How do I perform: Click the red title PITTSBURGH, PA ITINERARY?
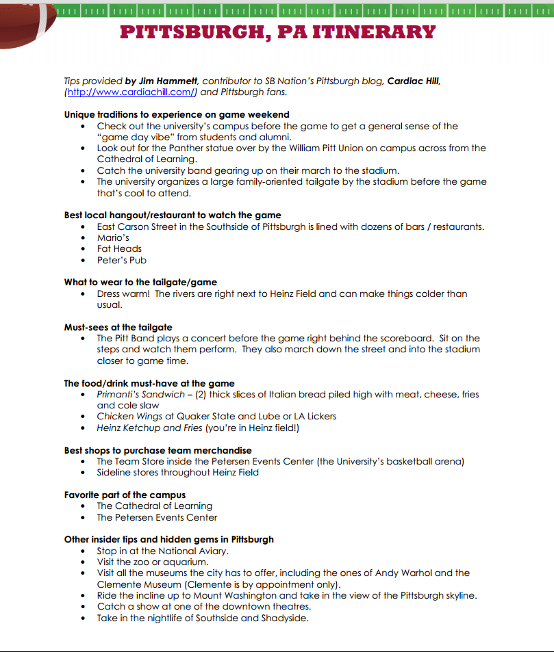[277, 32]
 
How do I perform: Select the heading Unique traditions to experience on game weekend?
[177, 114]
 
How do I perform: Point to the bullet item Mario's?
[113, 237]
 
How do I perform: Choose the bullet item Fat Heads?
[119, 248]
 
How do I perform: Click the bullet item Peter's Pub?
[121, 260]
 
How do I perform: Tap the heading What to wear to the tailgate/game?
[140, 282]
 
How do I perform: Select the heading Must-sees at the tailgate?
[118, 327]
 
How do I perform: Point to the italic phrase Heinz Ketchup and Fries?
[149, 428]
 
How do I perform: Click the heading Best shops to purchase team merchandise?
[158, 450]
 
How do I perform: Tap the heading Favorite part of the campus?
[125, 495]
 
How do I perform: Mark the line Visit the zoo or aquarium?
[152, 562]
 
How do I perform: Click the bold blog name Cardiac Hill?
[414, 81]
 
